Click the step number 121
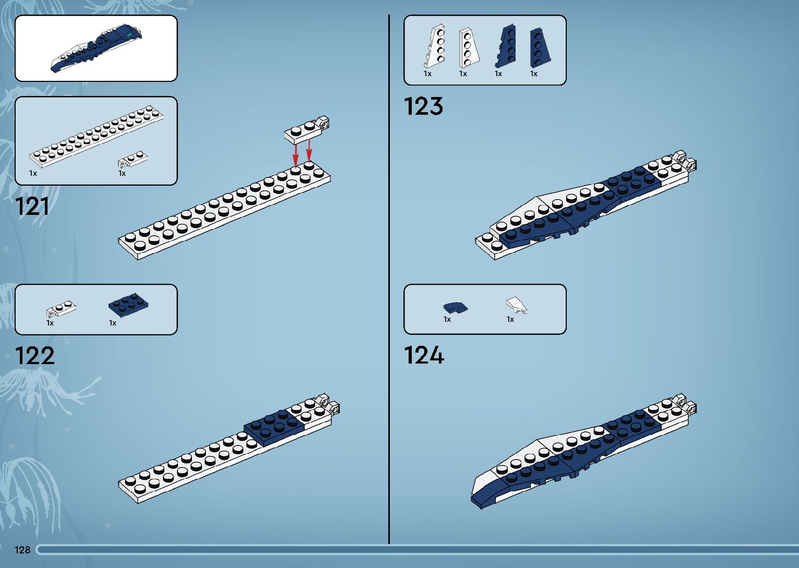tap(32, 207)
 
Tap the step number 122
tap(35, 356)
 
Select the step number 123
tap(423, 106)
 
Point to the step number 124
tap(424, 356)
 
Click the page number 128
tap(22, 550)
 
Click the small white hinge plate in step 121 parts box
tap(133, 159)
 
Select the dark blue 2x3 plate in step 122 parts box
tap(128, 305)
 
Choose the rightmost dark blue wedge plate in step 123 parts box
tap(539, 47)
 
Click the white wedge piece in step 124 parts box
tap(516, 305)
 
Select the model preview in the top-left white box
tap(97, 48)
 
